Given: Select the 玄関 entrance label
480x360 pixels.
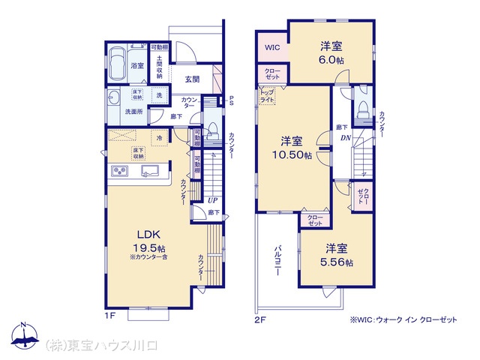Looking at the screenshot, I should (x=191, y=79).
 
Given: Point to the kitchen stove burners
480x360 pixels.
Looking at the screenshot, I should (x=121, y=172).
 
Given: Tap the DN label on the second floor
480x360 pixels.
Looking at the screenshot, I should (x=346, y=138).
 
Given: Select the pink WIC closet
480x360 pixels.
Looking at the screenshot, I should (x=272, y=47).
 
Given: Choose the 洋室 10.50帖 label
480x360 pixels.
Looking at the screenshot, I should (x=292, y=148).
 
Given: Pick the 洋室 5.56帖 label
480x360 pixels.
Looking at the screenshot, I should (x=336, y=255).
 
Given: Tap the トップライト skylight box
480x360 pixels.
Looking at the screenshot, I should (x=268, y=95).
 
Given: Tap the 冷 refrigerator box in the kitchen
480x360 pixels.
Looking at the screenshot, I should (x=159, y=137).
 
